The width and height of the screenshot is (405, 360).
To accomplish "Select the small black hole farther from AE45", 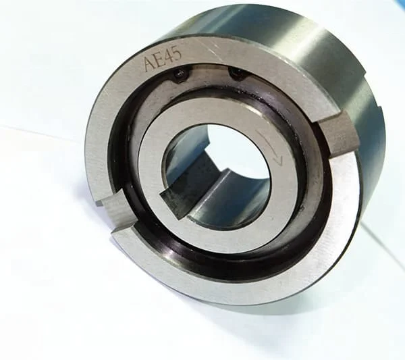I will coord(236,73).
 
